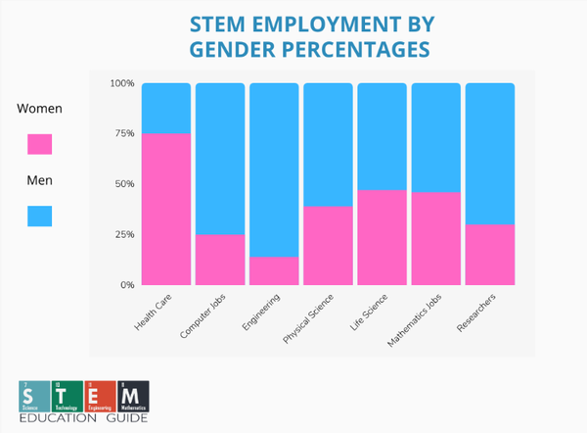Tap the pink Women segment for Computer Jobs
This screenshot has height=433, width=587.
click(220, 260)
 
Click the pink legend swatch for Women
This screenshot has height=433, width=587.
click(40, 144)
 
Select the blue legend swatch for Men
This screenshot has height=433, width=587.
click(40, 216)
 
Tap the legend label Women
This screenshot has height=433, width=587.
click(40, 109)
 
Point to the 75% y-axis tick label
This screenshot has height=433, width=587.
click(122, 133)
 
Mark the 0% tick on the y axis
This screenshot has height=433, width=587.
click(125, 285)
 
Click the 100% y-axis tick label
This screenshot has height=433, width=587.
click(120, 83)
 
